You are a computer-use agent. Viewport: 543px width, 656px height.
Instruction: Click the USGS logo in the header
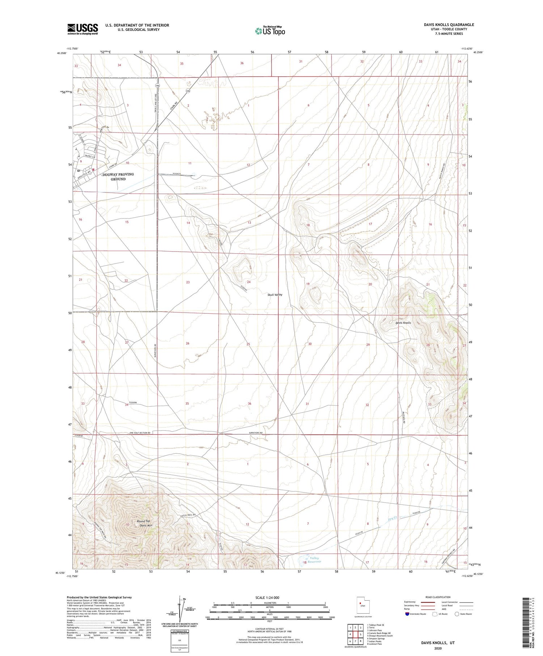point(83,29)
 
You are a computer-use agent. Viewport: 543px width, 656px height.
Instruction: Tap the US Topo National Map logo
point(270,31)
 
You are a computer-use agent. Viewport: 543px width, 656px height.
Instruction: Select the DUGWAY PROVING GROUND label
point(118,177)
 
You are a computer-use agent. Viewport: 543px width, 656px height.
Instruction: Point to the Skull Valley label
point(275,295)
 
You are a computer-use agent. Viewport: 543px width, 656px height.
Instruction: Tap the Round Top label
point(143,521)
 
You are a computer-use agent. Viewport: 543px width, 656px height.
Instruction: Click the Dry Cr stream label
point(393,519)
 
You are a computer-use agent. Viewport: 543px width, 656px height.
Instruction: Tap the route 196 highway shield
point(157,85)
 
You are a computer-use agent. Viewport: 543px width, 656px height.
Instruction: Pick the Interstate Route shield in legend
point(407,614)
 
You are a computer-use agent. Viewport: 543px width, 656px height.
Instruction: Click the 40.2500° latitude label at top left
point(62,53)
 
